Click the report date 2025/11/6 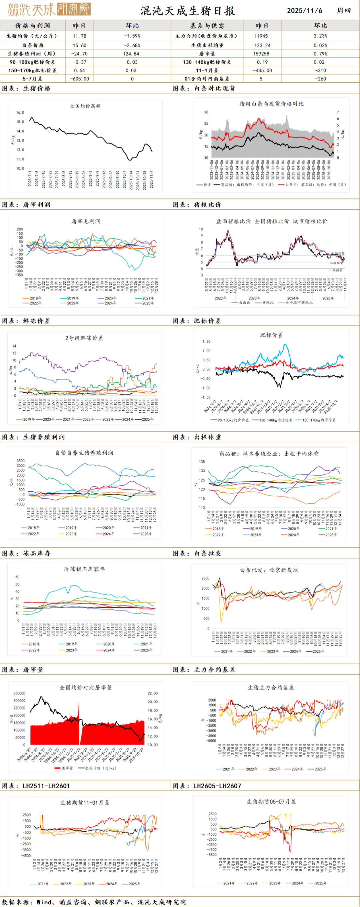pos(304,11)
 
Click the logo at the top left pos(49,9)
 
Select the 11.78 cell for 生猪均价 pos(80,36)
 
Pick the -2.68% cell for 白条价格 pos(132,45)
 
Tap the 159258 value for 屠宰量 pos(261,54)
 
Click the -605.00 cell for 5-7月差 pos(80,79)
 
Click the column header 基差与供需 pos(207,26)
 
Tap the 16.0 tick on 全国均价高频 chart pos(20,113)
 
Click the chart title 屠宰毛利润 pos(86,221)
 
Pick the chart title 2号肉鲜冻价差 pos(84,338)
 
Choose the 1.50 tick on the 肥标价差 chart pos(206,342)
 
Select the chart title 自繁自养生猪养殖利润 pos(84,453)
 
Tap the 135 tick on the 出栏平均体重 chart pos(202,462)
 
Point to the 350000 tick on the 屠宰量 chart pos(19,693)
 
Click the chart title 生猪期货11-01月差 pos(85,803)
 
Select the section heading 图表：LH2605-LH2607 pos(207,786)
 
